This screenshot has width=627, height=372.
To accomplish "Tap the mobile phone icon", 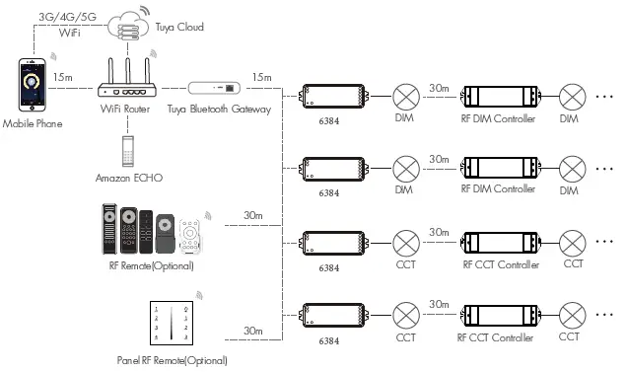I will coord(31,89).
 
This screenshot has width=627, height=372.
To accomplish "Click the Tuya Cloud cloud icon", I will coord(130,27).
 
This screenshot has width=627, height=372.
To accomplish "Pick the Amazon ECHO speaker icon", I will coord(126,150).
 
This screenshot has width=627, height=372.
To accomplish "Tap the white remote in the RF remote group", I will coord(200,233).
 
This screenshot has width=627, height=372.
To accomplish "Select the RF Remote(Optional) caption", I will coord(150,265).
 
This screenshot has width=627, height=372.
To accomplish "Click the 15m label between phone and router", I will coord(64,77).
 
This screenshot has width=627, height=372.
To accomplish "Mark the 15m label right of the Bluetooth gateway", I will coord(262,77).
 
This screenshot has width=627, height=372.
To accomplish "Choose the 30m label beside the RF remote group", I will coord(253,215).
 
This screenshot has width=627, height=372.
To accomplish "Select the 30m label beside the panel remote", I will coord(253,331).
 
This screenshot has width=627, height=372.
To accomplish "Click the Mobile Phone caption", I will coord(32,123).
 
